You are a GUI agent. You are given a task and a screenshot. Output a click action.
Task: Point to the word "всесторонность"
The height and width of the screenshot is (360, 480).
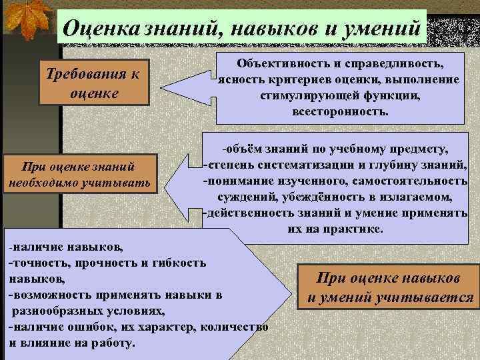click(339, 111)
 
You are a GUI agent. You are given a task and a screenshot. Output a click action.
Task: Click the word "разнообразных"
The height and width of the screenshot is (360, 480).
click(56, 311)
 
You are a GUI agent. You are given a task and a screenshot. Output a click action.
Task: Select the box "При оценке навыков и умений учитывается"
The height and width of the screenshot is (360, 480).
click(389, 287)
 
